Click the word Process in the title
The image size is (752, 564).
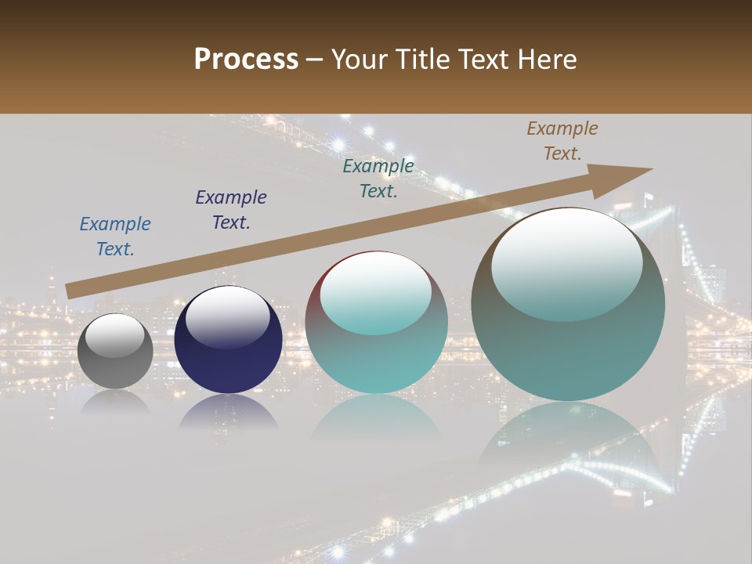click(246, 60)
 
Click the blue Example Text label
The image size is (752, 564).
click(115, 237)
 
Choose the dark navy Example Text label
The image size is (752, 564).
click(231, 210)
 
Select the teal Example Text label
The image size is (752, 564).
click(378, 179)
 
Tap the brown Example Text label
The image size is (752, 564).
click(562, 141)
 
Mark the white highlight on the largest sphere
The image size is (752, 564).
click(566, 265)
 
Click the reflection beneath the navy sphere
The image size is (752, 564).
click(228, 412)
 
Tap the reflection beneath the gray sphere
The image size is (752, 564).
click(115, 401)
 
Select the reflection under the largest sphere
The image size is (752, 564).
click(568, 439)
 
